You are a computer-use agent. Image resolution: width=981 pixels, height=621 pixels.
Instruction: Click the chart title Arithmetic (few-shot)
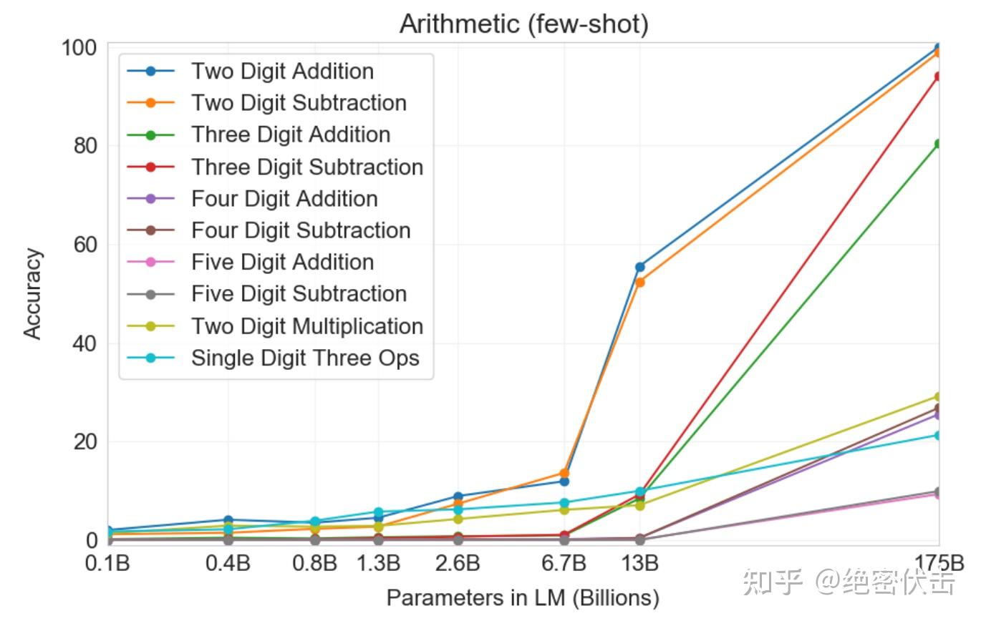(x=523, y=24)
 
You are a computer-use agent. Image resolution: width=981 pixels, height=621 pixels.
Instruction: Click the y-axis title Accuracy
(x=33, y=293)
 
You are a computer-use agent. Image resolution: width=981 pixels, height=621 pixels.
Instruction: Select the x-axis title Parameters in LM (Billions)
(x=523, y=597)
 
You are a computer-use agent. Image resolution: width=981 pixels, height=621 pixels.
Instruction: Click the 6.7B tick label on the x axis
(x=564, y=563)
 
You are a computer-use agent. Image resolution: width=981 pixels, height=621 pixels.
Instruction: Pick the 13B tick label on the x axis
(x=639, y=563)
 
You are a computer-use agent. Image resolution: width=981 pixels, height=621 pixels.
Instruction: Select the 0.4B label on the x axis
(x=228, y=563)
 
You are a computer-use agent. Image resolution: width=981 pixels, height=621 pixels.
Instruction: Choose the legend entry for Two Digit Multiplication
(x=306, y=326)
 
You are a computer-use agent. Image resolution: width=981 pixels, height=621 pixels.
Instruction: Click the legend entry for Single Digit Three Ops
(x=305, y=358)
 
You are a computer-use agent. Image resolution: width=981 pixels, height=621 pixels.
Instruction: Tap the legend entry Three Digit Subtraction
(x=306, y=167)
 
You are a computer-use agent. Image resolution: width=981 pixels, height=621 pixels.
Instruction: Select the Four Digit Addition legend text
(x=284, y=199)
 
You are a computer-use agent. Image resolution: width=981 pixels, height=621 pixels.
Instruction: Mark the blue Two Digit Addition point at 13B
(x=639, y=267)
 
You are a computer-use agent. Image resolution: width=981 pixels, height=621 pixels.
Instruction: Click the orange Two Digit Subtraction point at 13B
(x=639, y=282)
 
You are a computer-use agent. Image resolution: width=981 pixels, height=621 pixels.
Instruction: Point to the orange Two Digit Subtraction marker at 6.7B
(x=564, y=473)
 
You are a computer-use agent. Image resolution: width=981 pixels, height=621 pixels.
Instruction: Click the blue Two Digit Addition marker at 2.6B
(x=458, y=497)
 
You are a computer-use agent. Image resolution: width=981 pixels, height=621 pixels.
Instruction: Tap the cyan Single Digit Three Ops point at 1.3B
(x=378, y=512)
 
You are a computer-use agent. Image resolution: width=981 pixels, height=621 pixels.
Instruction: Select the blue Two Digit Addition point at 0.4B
(x=228, y=520)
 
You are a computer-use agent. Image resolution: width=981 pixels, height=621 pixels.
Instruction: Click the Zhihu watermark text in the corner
(x=849, y=582)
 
